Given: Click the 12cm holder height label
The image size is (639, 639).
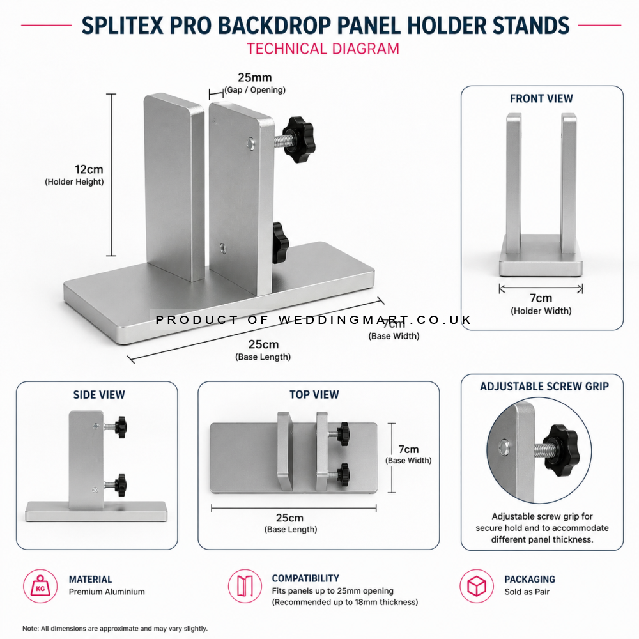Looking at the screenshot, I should coord(89,170).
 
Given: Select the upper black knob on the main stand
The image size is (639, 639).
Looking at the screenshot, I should coord(300,139).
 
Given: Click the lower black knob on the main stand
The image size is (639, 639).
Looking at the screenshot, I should coord(280,243).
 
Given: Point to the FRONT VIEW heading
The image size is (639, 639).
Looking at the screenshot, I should coord(541,98).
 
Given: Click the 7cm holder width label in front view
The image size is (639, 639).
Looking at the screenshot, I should coord(541,298).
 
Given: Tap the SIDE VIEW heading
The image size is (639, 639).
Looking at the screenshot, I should coord(99,395).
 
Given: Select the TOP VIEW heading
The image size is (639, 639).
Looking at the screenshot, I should coord(314,395).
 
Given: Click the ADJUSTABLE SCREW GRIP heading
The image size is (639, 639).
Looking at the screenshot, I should coord(544,386).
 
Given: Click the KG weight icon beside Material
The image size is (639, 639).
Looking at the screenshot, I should coord(40,585).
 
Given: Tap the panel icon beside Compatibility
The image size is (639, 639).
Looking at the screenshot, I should coord(245,585).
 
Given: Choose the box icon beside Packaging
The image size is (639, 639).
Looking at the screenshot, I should coord(477,585).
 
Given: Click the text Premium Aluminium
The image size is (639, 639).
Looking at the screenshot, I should coord(107,592).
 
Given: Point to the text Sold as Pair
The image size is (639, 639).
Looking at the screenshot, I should coord(527,592).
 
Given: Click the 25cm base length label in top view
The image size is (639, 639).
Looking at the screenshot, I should coord(289,518).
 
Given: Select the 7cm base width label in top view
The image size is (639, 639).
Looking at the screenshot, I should coord(408,449).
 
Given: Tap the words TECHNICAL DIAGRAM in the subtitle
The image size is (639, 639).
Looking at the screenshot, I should coord(323,49).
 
